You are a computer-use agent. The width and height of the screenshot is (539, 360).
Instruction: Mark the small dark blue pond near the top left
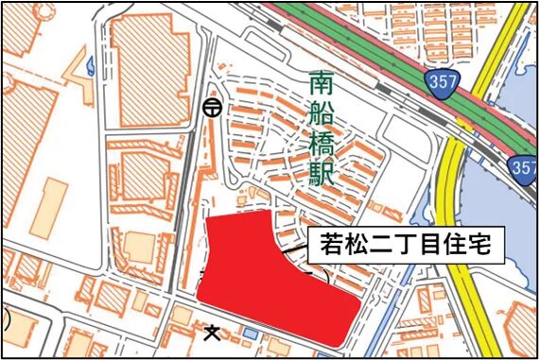point(91,65)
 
